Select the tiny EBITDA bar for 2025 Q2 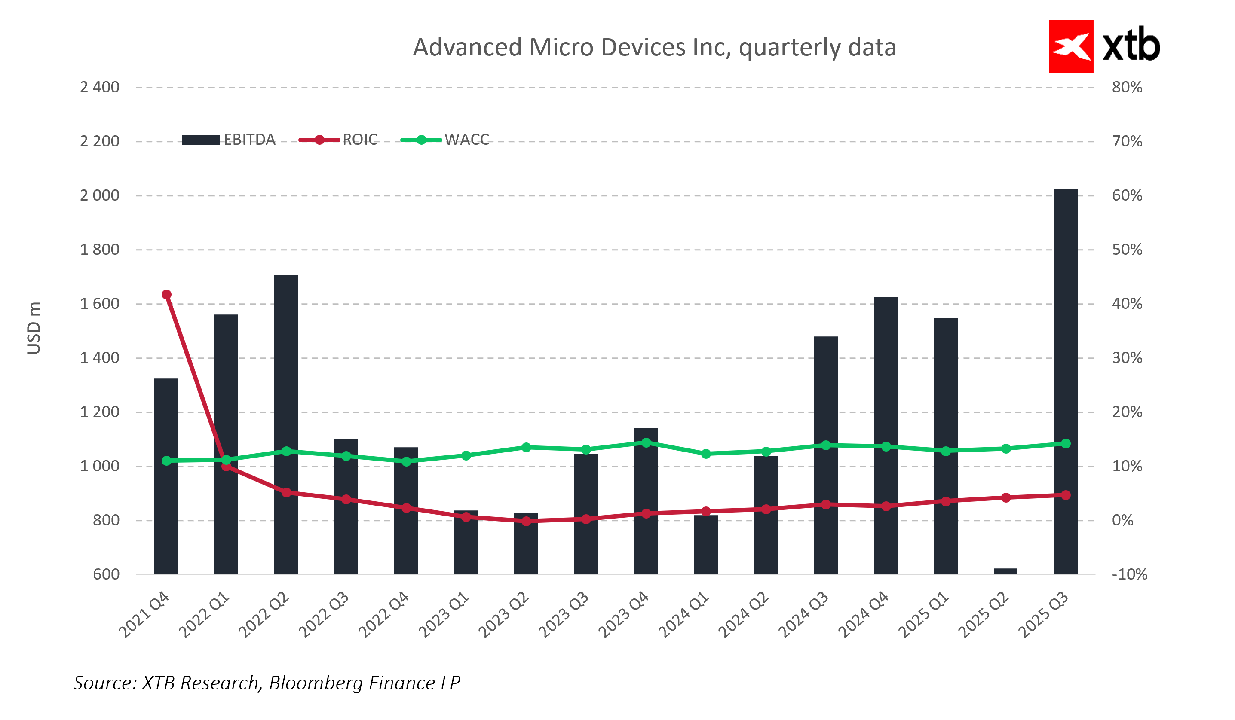(x=1005, y=571)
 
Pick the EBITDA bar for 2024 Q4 (x=885, y=436)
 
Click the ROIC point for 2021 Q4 (x=166, y=294)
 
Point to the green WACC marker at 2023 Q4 (x=646, y=443)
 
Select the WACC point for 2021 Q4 (x=166, y=461)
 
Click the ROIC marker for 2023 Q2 (x=526, y=521)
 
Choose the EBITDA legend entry (x=228, y=140)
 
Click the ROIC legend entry (x=338, y=140)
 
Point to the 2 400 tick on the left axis (x=99, y=87)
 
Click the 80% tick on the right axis (x=1127, y=87)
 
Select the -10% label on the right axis (x=1129, y=574)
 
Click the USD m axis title (x=34, y=328)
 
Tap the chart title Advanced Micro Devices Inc (x=654, y=48)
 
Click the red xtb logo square (x=1071, y=46)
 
